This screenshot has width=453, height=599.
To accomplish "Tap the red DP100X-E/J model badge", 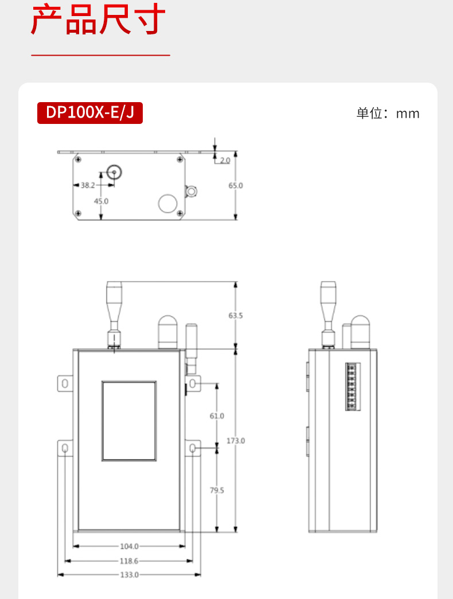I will point(90,113).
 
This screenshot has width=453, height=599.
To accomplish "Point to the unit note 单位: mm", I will point(388,114).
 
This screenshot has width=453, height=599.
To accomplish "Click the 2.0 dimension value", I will point(225,160).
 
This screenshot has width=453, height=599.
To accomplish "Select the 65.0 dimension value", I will point(236,185).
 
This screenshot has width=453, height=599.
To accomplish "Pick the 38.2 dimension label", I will point(87,185).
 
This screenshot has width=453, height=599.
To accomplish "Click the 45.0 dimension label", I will point(101,201).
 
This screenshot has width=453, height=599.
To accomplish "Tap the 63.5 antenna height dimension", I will point(236,315).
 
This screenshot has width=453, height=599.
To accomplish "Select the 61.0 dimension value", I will point(217,415).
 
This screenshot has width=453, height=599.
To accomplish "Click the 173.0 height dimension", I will point(236,440).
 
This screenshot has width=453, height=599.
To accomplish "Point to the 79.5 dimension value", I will point(217,490).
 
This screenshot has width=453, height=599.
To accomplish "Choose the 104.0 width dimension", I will point(130,546).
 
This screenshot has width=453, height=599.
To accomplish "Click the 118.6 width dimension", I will point(130,561).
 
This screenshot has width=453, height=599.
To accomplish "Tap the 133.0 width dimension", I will point(130,574).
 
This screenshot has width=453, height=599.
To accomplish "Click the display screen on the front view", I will point(129,421).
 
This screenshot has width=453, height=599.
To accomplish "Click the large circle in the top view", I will point(168,203).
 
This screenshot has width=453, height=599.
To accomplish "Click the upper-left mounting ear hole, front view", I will point(65,382).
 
